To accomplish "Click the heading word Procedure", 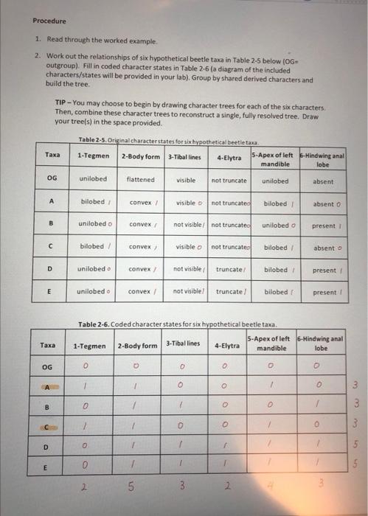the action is point(49,21).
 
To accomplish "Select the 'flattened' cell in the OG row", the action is point(140,179).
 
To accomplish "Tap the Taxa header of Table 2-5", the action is point(52,155).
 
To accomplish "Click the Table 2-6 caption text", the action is point(177,324).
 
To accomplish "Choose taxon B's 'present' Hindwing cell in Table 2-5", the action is point(323,225).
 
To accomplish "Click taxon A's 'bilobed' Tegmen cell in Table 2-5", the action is point(94,201).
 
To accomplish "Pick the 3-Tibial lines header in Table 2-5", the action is point(184,156).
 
